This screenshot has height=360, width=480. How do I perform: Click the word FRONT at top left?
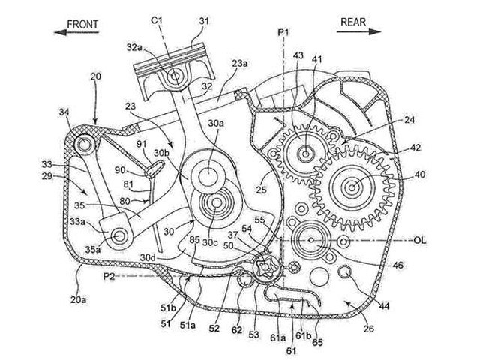pyautogui.click(x=83, y=23)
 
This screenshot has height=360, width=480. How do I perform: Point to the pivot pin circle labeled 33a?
pyautogui.click(x=118, y=237)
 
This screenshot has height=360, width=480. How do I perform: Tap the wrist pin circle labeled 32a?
pyautogui.click(x=175, y=76)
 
